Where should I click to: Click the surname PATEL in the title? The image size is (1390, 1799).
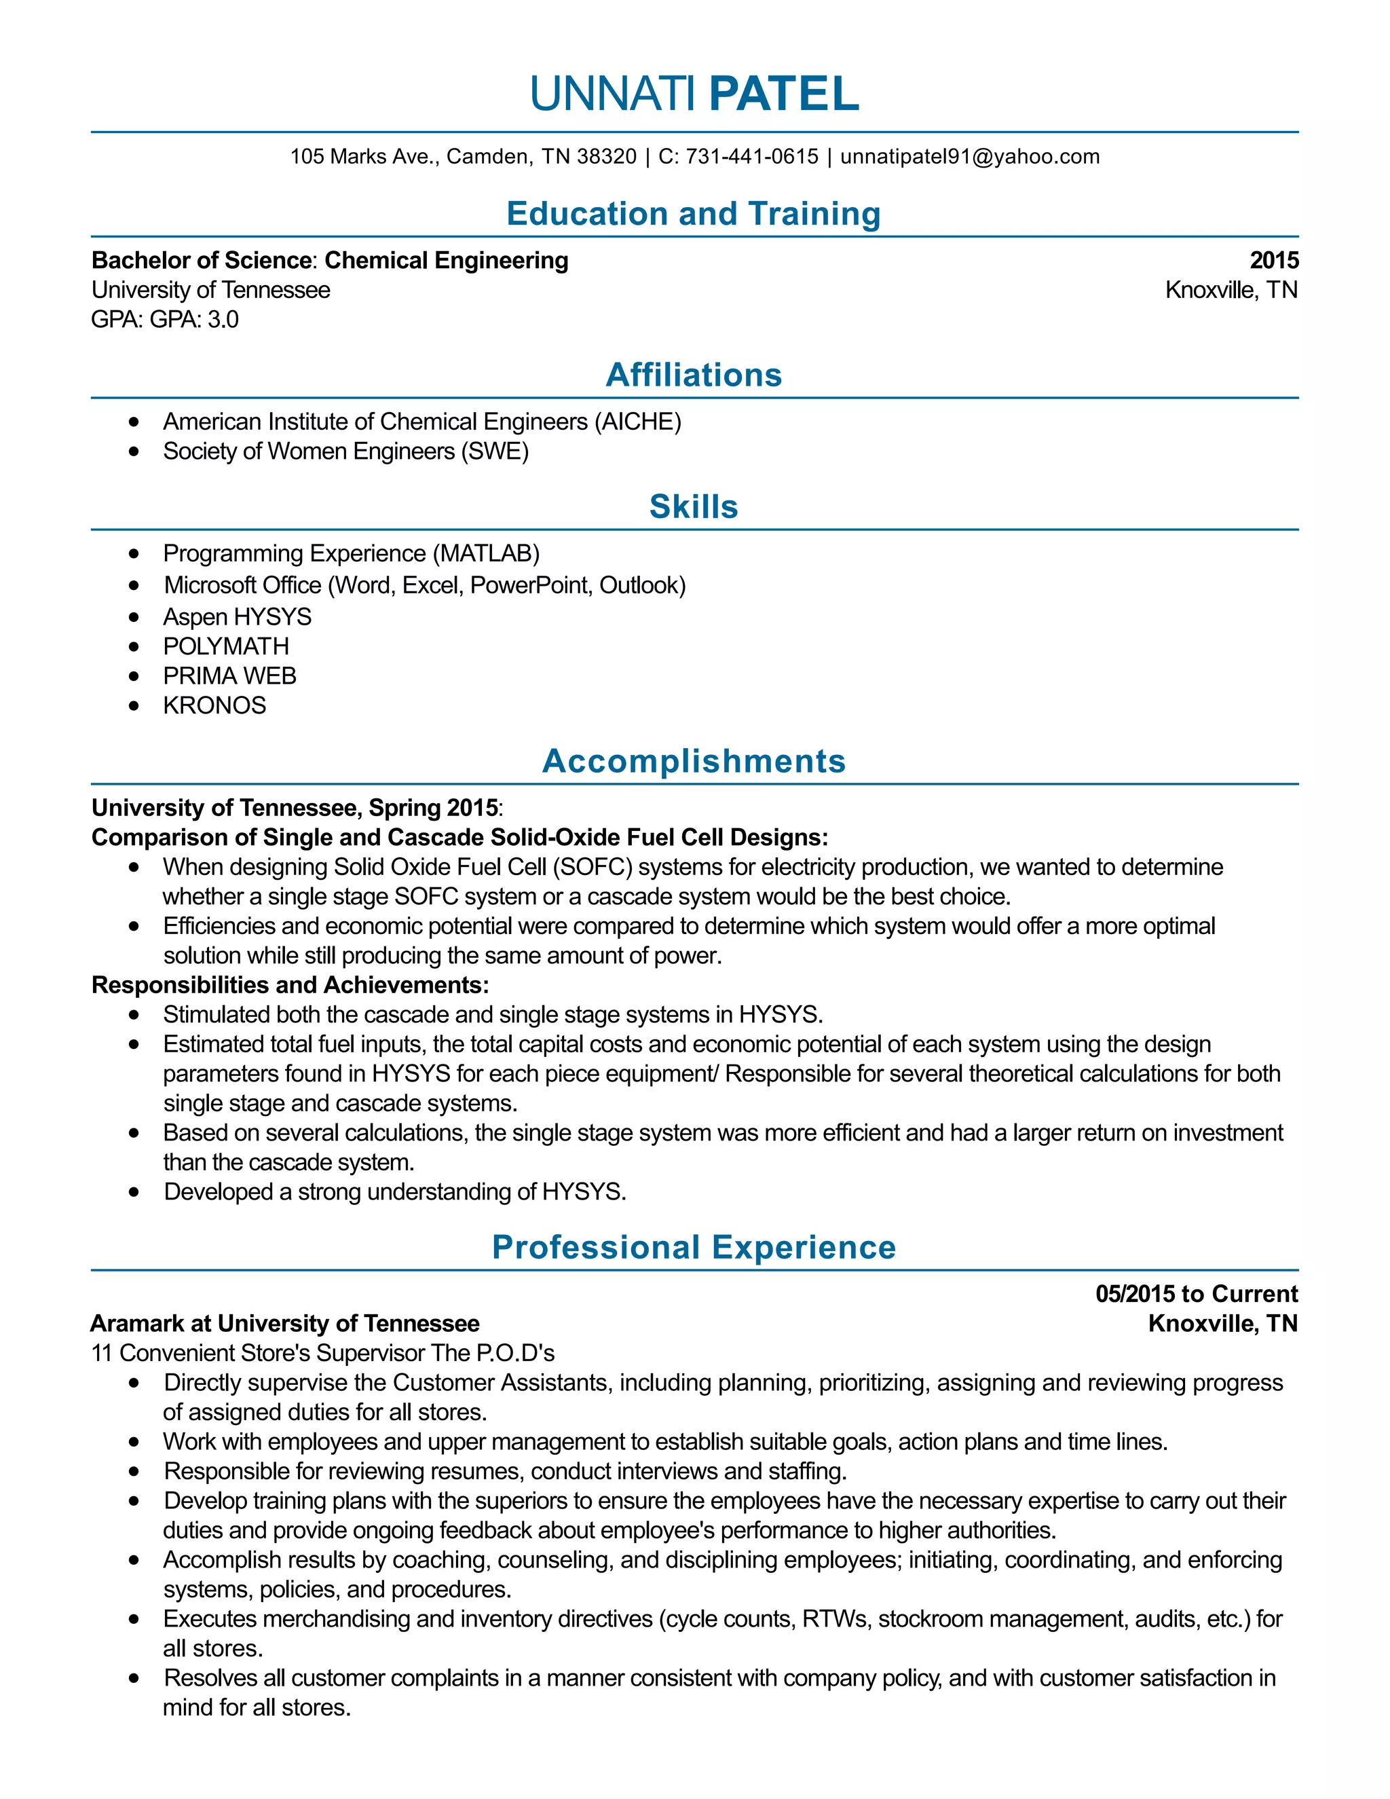pyautogui.click(x=783, y=94)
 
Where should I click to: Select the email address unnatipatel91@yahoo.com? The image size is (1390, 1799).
pyautogui.click(x=969, y=157)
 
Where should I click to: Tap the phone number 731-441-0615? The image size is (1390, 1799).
pyautogui.click(x=752, y=157)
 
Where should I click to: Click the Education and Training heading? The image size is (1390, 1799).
pyautogui.click(x=694, y=213)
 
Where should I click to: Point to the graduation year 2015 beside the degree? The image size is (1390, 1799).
pyautogui.click(x=1273, y=260)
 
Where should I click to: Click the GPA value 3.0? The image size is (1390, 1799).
pyautogui.click(x=223, y=320)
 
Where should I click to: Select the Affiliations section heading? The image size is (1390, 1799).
pyautogui.click(x=694, y=375)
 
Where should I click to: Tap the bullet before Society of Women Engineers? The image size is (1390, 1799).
pyautogui.click(x=134, y=451)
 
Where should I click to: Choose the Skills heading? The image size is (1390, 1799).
pyautogui.click(x=694, y=506)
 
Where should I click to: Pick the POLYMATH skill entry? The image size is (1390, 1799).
pyautogui.click(x=225, y=646)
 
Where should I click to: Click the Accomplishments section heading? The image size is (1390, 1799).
pyautogui.click(x=694, y=761)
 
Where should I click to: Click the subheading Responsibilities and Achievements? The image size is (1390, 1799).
pyautogui.click(x=290, y=985)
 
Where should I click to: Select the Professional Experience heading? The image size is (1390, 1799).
pyautogui.click(x=694, y=1247)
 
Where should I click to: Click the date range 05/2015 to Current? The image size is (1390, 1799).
pyautogui.click(x=1196, y=1294)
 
